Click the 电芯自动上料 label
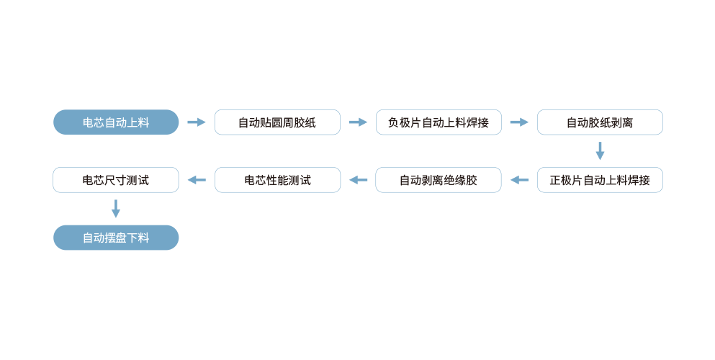[116, 122]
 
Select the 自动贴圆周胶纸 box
[277, 122]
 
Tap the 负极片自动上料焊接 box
[439, 122]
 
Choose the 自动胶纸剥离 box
[600, 122]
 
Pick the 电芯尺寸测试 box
[116, 180]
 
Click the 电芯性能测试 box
[277, 180]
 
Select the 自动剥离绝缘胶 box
[439, 180]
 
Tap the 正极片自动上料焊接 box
[600, 180]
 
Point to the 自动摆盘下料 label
[116, 238]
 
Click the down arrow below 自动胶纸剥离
[600, 156]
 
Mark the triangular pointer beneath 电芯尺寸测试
[116, 202]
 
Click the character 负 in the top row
[393, 122]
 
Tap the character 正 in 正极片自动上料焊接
[555, 180]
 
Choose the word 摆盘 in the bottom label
[116, 238]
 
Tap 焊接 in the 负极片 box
[478, 122]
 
